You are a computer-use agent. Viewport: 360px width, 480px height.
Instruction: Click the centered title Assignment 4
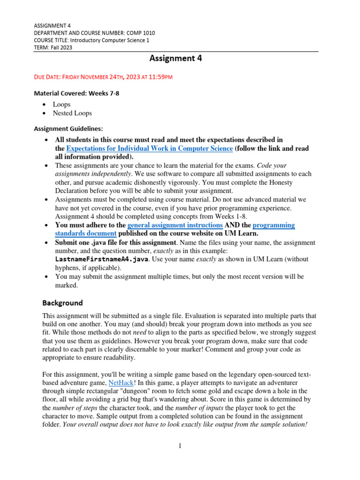click(x=176, y=58)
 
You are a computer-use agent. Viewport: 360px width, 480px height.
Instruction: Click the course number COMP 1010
click(x=139, y=33)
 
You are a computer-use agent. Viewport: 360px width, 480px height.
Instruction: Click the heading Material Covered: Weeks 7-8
click(x=77, y=93)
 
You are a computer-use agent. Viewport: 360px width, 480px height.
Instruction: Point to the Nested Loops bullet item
click(x=72, y=113)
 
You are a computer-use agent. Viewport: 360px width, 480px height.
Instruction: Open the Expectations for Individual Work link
click(x=150, y=149)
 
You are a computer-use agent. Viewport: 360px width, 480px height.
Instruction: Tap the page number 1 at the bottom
click(x=180, y=446)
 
